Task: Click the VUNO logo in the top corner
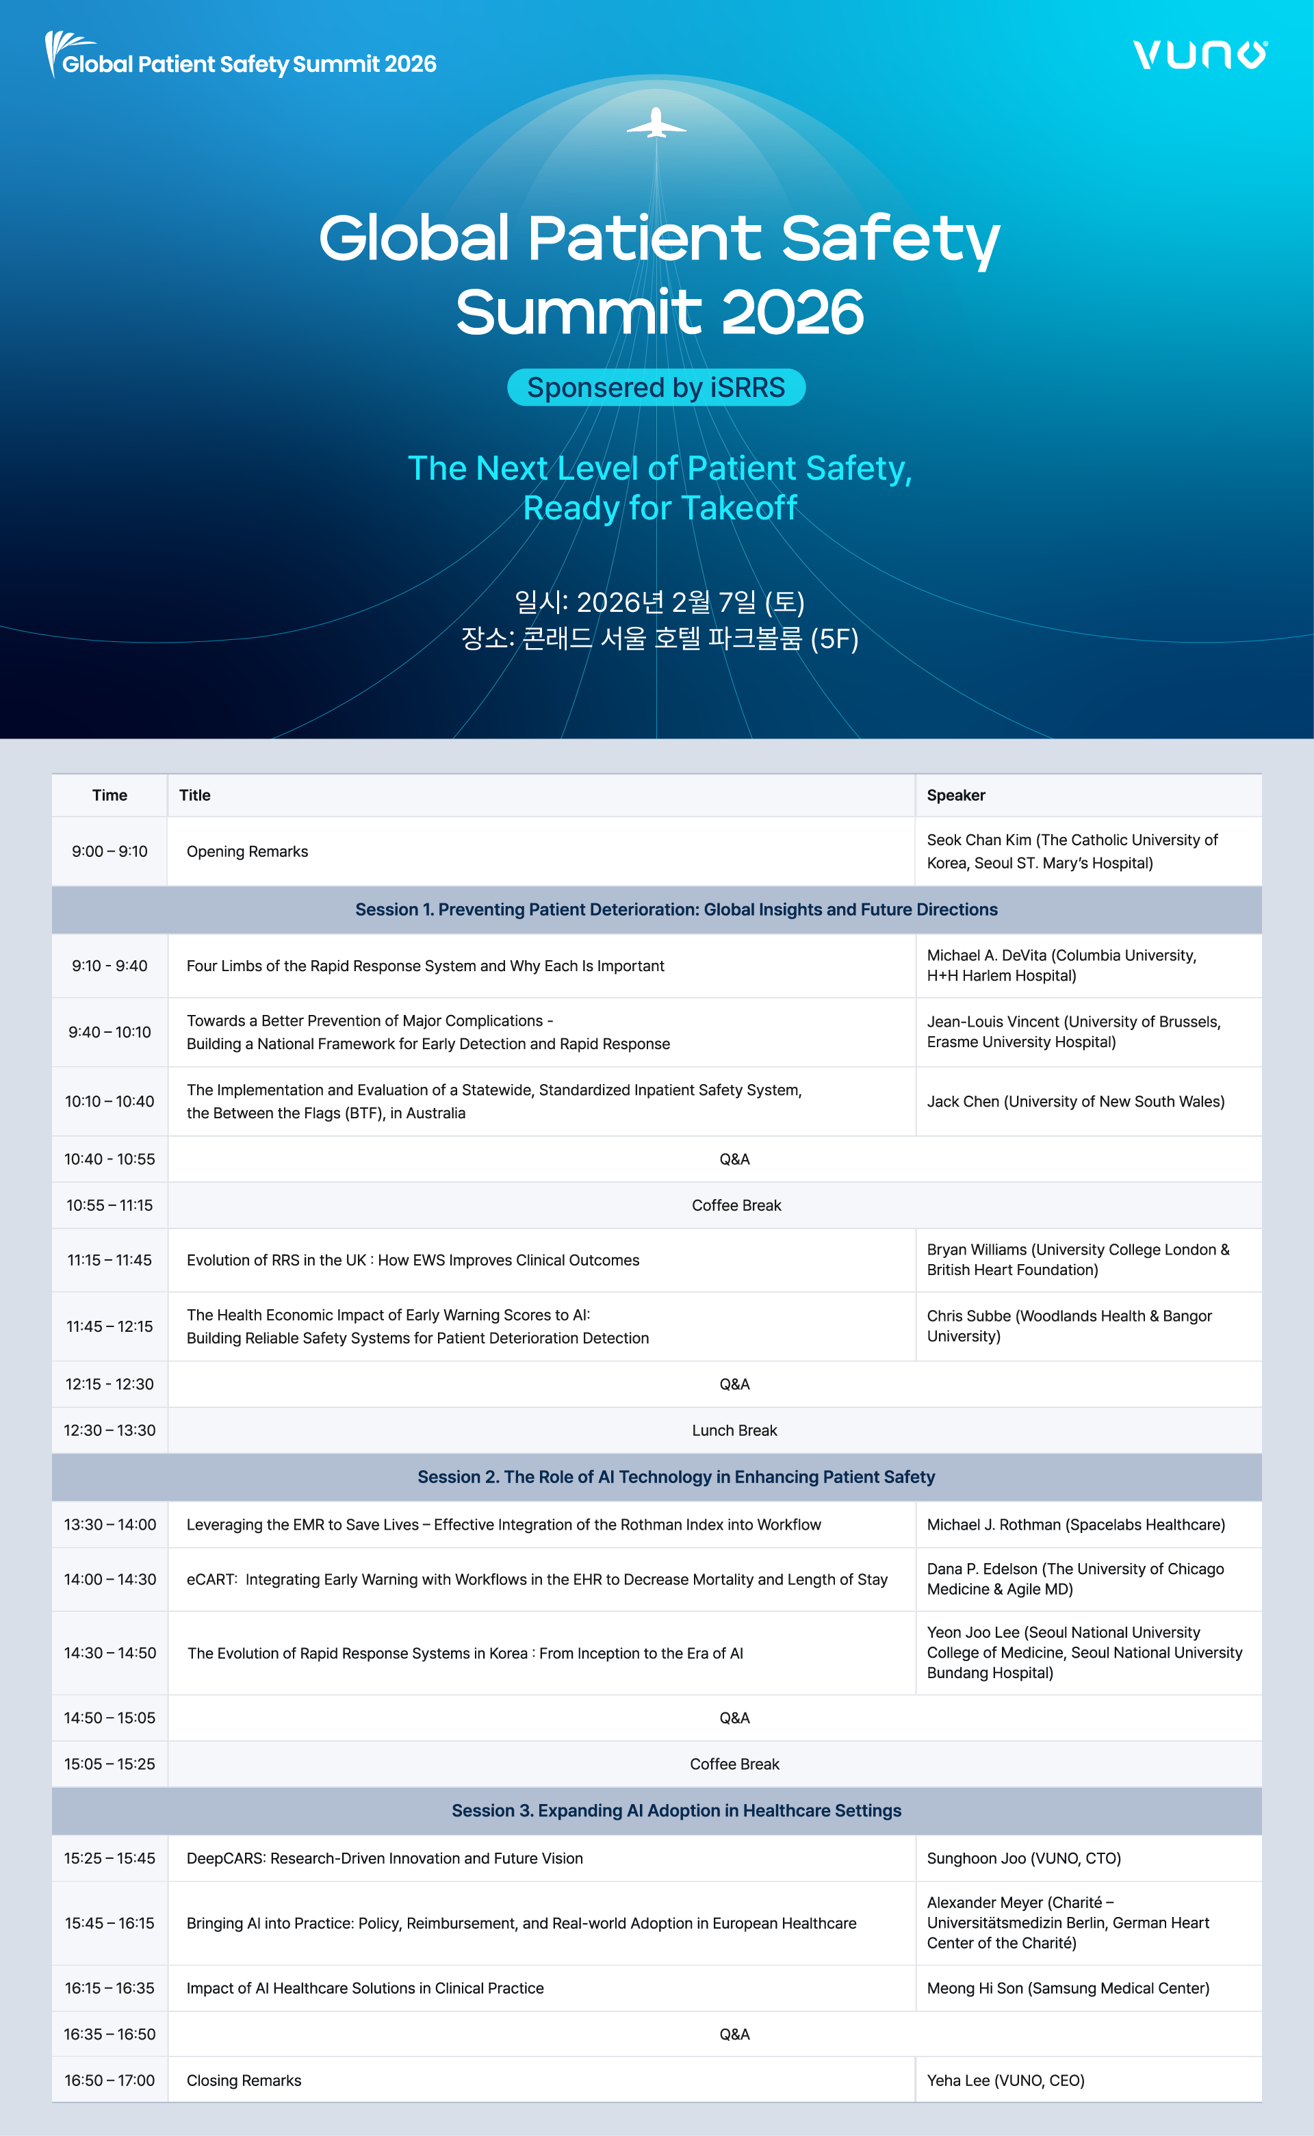(1199, 55)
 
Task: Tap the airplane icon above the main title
(656, 125)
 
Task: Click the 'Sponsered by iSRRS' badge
(656, 387)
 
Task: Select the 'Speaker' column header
(956, 795)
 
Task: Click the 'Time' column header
(109, 795)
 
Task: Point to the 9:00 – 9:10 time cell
(109, 851)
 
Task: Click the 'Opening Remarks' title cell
(248, 851)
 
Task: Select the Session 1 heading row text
(676, 910)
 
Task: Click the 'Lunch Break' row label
(734, 1430)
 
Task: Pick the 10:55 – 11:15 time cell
(109, 1205)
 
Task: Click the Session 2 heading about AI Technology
(676, 1478)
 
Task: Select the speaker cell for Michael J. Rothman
(1076, 1525)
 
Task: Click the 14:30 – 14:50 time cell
(109, 1653)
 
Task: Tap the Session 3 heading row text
(676, 1811)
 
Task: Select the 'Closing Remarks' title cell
(244, 2081)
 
